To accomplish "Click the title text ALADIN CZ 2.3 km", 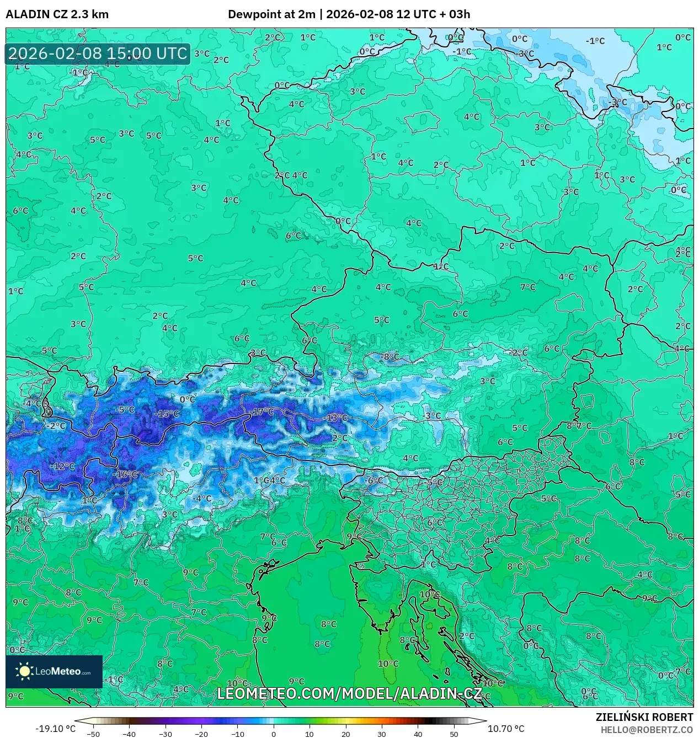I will coord(57,14).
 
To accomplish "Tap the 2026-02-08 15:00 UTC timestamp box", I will coord(98,54).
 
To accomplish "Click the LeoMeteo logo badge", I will coord(54,671).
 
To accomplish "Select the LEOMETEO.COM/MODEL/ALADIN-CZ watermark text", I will coord(350,693).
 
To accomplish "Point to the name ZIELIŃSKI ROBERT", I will coord(644,717).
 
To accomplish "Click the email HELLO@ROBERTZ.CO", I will coord(647,729).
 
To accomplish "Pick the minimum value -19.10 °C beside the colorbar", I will coord(55,729).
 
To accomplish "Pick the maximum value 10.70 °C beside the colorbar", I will coord(506,729).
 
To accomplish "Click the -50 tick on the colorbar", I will coord(93,734).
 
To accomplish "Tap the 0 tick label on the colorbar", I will coord(274,734).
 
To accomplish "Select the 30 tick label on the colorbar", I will coord(382,734).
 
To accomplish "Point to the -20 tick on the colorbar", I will coord(201,734).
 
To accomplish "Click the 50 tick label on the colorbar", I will coord(454,734).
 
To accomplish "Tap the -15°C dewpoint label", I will coord(167,414).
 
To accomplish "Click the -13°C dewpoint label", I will coord(335,418).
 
